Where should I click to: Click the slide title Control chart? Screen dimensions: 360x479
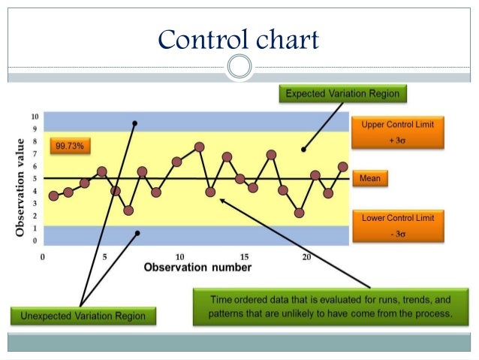pyautogui.click(x=239, y=38)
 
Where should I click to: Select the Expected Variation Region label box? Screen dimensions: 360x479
pyautogui.click(x=342, y=94)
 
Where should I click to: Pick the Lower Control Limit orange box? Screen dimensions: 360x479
pyautogui.click(x=397, y=224)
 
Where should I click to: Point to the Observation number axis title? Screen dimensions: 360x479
pyautogui.click(x=197, y=267)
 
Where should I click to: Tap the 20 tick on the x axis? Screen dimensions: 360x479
pyautogui.click(x=306, y=256)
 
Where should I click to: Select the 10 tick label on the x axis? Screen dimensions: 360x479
pyautogui.click(x=179, y=256)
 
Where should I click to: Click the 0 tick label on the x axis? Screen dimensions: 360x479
pyautogui.click(x=44, y=256)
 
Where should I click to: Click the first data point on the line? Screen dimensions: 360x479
pyautogui.click(x=53, y=195)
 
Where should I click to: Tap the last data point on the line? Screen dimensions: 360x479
pyautogui.click(x=342, y=167)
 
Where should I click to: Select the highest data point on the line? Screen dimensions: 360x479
pyautogui.click(x=199, y=147)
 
